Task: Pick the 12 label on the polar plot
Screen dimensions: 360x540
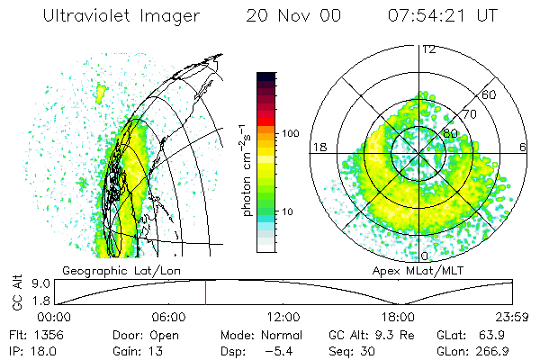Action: [x=428, y=49]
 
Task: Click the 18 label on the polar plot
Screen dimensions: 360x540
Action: [x=318, y=147]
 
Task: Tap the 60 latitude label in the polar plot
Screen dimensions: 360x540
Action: [x=490, y=94]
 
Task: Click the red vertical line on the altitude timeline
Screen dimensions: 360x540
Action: [x=205, y=292]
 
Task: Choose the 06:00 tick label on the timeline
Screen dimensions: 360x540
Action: [x=169, y=317]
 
